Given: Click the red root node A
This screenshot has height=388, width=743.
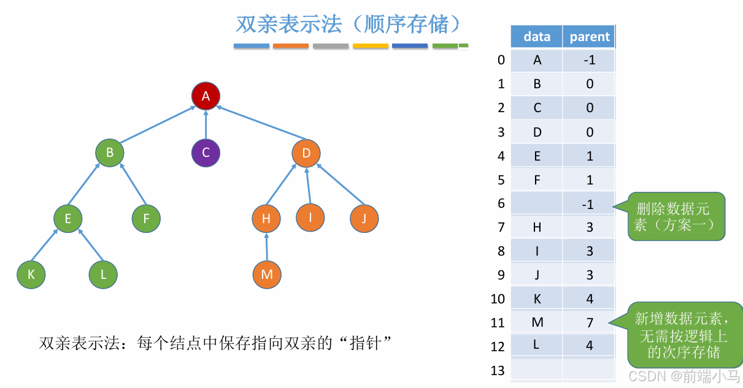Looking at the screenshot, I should (206, 96).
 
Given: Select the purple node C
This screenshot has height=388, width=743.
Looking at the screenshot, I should (206, 153).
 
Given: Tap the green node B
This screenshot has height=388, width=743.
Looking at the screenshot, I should (110, 153).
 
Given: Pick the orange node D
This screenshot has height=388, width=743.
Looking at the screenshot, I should (306, 153).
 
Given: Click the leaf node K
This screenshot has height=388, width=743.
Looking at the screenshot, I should (31, 275).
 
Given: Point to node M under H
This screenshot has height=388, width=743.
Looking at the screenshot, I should (267, 275).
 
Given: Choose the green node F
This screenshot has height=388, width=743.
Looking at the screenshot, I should (146, 218).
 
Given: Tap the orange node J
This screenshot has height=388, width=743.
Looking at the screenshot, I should (364, 218).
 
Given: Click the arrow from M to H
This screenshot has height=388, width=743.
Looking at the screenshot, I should (267, 246).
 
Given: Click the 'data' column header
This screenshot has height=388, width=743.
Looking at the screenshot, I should (537, 37).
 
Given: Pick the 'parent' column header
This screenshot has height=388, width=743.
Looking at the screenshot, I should (590, 37).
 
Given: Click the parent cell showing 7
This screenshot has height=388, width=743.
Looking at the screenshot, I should (590, 322).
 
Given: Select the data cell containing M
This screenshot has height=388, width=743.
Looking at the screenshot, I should (537, 322).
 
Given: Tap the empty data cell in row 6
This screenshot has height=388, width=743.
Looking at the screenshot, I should (537, 204).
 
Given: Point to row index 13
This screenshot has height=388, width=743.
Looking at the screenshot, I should (498, 370).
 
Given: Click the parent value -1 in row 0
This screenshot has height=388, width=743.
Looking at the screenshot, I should (590, 60).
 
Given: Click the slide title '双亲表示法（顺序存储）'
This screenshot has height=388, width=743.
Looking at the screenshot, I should (348, 24).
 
